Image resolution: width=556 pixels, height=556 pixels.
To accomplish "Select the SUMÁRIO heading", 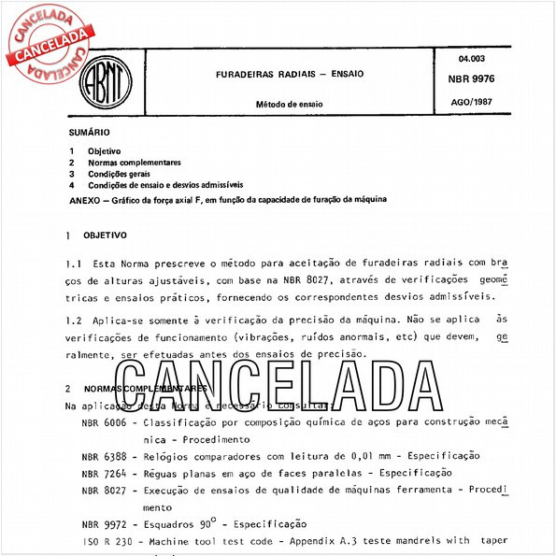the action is click(x=89, y=134).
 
